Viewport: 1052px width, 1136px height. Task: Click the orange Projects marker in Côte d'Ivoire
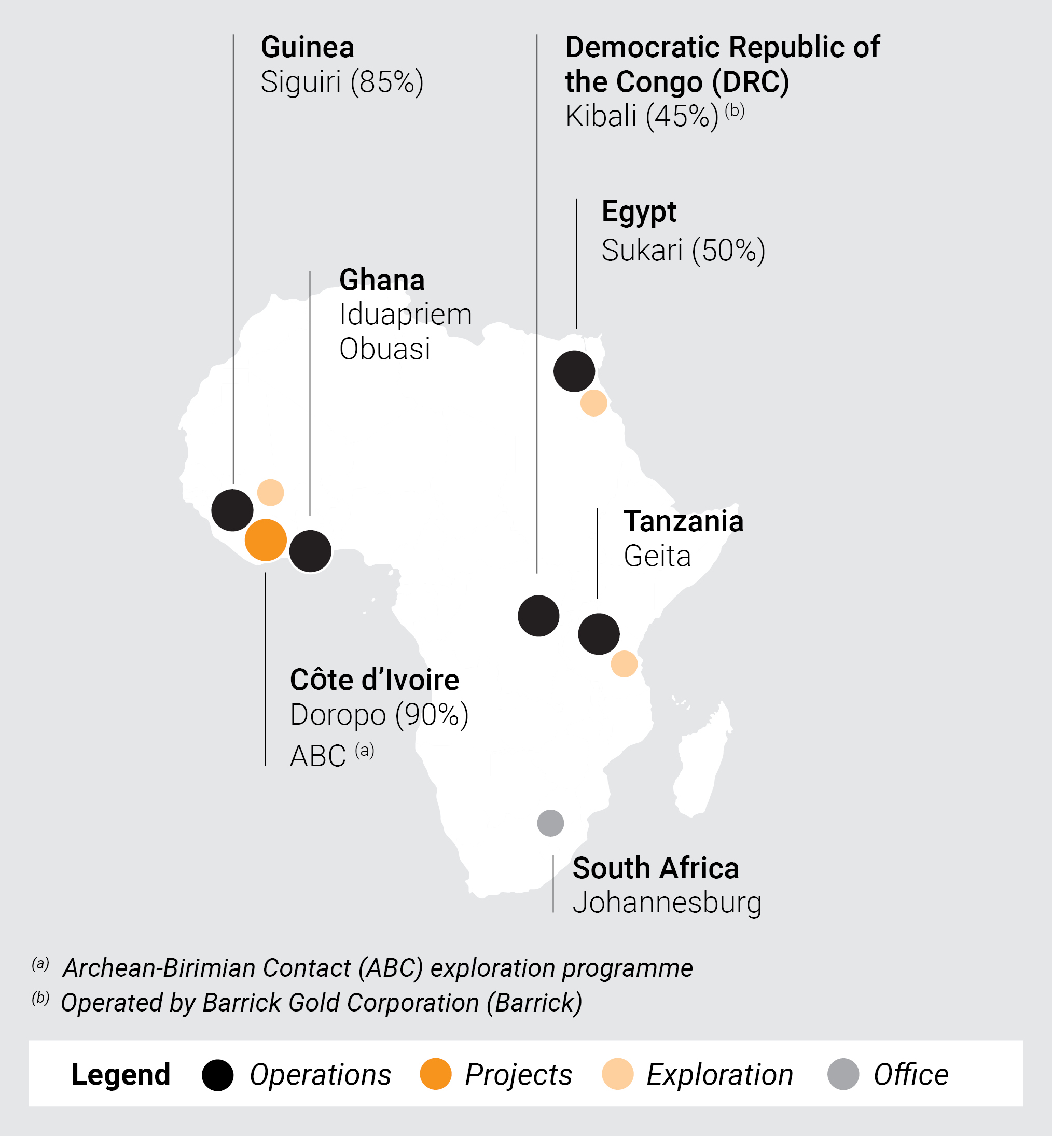coord(265,540)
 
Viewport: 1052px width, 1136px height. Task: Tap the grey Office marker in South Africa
coord(550,823)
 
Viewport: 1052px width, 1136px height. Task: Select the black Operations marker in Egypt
coord(574,371)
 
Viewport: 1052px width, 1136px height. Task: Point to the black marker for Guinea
coord(232,510)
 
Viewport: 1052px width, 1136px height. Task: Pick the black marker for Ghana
coord(310,551)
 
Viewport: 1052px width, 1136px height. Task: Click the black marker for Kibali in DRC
coord(538,616)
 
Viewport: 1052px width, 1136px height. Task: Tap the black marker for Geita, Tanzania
coord(599,634)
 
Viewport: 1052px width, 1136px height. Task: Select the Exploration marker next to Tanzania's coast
coord(624,663)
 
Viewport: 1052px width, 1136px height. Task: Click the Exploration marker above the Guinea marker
coord(270,492)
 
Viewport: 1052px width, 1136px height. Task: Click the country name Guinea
coord(308,47)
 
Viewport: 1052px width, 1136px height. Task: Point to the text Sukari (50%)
coord(683,251)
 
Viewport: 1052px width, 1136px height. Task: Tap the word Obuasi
coord(385,349)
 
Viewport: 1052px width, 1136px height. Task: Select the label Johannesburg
coord(667,903)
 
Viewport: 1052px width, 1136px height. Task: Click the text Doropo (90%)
coord(379,715)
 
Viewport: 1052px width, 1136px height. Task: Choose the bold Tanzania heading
coord(683,521)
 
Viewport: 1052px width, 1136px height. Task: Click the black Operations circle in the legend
coord(217,1075)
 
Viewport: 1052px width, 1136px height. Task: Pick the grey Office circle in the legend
coord(842,1075)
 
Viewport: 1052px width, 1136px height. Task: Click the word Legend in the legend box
coord(121,1075)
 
